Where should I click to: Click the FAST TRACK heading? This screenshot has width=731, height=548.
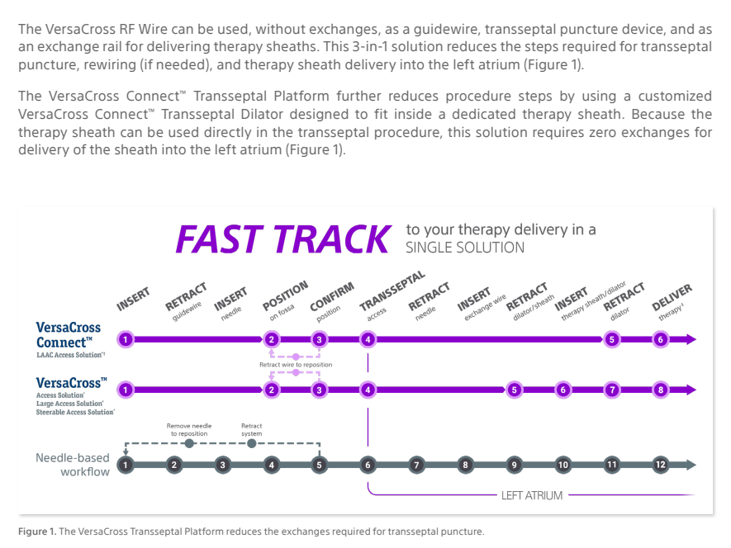(x=282, y=239)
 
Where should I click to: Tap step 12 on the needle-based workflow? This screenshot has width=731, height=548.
(x=660, y=465)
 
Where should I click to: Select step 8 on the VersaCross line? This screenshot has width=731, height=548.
(x=660, y=390)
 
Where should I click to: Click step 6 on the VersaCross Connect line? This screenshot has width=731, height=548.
(x=660, y=339)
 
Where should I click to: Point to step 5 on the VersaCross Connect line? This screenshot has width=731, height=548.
(x=611, y=339)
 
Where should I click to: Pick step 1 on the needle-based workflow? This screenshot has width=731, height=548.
(x=125, y=465)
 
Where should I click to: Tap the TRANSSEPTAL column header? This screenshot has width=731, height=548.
(x=392, y=291)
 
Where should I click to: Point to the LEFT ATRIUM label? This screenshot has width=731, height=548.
(x=531, y=496)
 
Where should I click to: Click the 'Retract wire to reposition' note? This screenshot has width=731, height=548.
(x=296, y=364)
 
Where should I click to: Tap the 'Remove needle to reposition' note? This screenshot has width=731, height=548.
(x=190, y=429)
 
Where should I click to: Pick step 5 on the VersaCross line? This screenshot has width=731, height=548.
(x=514, y=390)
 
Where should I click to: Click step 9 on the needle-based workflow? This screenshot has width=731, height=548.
(x=514, y=465)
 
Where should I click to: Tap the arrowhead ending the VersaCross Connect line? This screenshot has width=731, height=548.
(x=690, y=339)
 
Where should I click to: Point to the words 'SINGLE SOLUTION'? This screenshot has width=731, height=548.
(x=464, y=248)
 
